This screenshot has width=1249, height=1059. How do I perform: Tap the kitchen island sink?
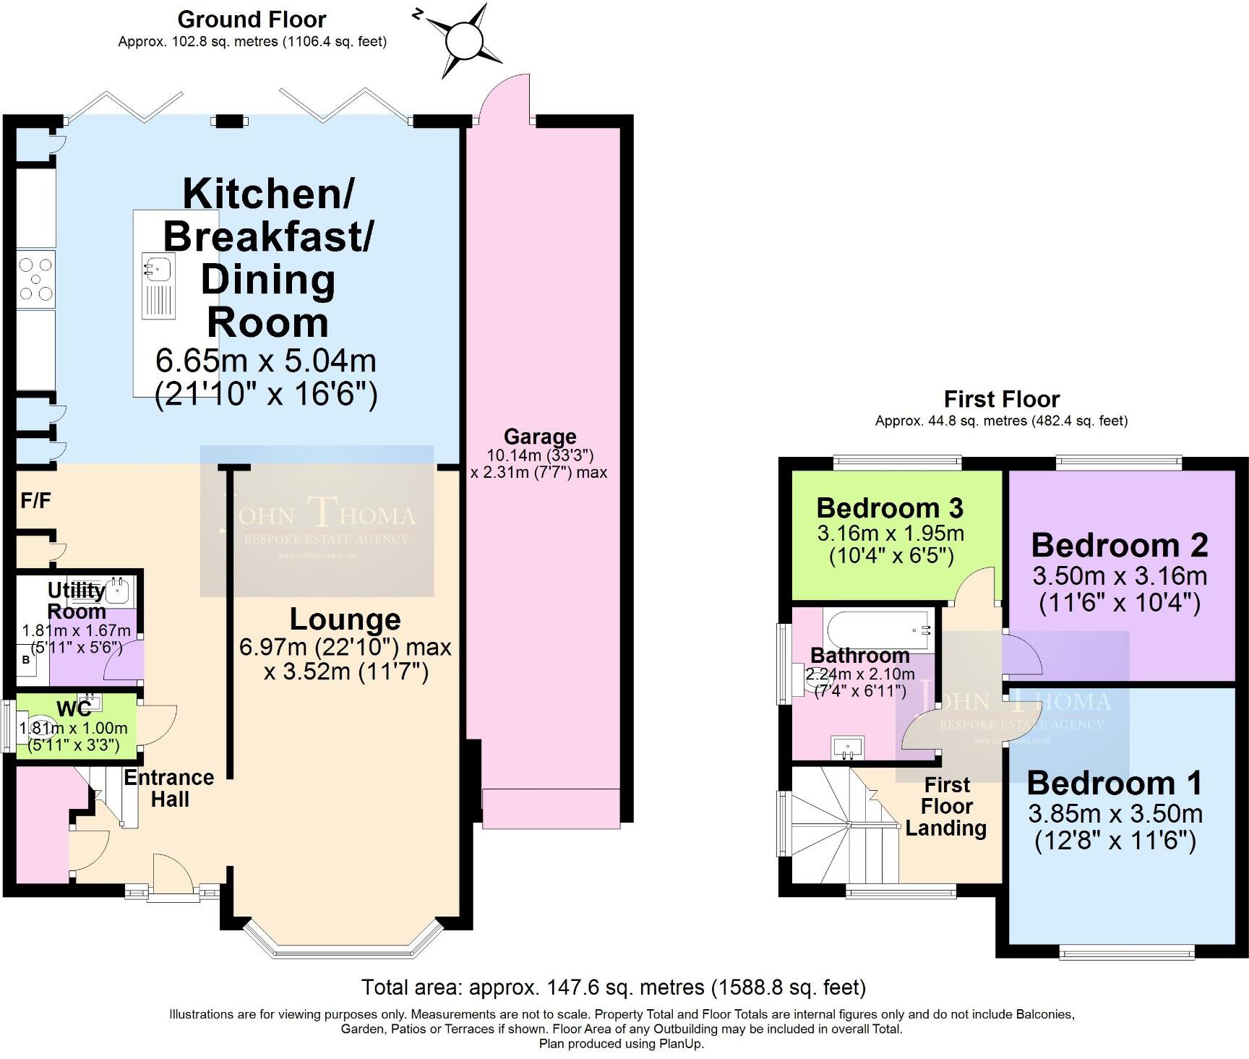(x=157, y=268)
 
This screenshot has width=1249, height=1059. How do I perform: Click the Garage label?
(x=540, y=437)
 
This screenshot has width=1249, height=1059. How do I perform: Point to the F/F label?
(x=35, y=500)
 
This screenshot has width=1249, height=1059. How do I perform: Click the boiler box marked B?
(x=27, y=660)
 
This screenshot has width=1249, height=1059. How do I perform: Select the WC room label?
(x=74, y=708)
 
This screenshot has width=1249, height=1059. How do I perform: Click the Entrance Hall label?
(x=169, y=788)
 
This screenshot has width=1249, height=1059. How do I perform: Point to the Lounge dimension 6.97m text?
(x=345, y=646)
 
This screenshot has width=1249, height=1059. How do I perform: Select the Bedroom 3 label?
(x=890, y=508)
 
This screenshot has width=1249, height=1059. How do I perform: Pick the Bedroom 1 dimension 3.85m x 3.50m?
(x=1115, y=814)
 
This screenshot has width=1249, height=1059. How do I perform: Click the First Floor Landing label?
(x=947, y=806)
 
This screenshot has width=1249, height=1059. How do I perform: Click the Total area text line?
(x=613, y=987)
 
